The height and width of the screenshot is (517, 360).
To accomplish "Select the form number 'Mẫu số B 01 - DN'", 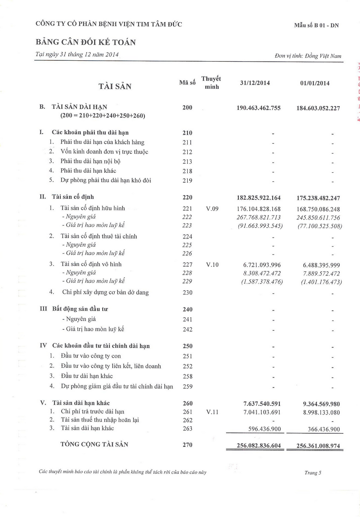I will coord(317,25).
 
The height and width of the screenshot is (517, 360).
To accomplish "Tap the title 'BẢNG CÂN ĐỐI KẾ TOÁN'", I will coord(85,42).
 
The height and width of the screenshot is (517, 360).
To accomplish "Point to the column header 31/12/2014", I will coord(255,83).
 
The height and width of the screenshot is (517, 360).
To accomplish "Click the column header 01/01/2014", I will coord(315,83).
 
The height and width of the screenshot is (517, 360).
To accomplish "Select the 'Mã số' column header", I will coord(187,83).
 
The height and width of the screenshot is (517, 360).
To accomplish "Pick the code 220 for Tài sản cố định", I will coord(187,198).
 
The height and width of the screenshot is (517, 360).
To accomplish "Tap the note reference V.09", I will coord(212,208).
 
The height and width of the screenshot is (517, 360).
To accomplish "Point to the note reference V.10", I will coord(212,264).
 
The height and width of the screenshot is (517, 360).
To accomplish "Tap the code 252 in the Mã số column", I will coord(187,366).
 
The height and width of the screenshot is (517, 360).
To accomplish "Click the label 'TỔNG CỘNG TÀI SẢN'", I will coord(94,445).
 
